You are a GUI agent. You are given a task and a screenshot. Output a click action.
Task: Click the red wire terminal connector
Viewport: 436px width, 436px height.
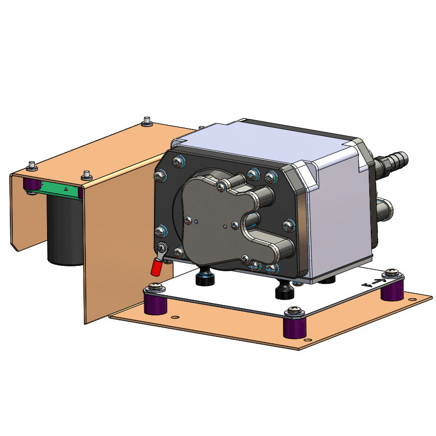[x=156, y=267]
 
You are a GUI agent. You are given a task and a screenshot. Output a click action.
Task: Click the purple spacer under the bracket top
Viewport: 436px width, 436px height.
[x=33, y=185]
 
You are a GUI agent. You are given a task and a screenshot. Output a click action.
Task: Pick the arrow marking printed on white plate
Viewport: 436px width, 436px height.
[x=372, y=283]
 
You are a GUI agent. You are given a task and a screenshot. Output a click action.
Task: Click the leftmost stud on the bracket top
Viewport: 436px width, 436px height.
[x=31, y=165]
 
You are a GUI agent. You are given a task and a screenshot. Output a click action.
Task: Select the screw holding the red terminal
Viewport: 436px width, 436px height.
[x=161, y=248]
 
